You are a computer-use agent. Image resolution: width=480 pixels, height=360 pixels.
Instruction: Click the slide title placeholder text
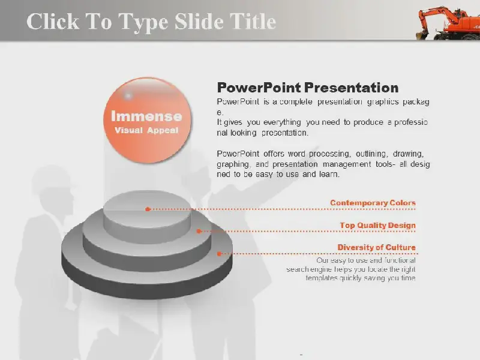151,22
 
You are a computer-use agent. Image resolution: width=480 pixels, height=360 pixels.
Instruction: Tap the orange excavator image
448,24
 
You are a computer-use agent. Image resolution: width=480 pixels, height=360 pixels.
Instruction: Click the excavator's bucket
421,35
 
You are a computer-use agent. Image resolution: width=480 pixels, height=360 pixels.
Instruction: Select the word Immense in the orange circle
146,116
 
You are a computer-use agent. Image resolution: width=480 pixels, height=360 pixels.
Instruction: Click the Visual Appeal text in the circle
146,130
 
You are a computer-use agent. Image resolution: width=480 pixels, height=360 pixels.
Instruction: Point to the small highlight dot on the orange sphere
128,95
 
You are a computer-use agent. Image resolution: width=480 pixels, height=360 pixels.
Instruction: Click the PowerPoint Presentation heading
308,88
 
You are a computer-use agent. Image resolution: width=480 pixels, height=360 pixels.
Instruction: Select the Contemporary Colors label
373,203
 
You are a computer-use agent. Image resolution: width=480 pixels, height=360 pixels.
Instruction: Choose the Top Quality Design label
378,226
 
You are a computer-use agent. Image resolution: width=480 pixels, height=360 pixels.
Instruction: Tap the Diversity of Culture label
377,247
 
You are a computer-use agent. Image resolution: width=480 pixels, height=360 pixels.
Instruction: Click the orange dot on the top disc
148,209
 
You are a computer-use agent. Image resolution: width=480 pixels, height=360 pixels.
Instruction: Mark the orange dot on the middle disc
199,231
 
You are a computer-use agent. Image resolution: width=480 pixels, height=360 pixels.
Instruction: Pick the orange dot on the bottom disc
219,253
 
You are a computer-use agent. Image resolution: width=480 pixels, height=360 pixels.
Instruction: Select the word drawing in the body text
408,154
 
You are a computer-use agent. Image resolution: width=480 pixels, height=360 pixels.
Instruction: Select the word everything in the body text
282,122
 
